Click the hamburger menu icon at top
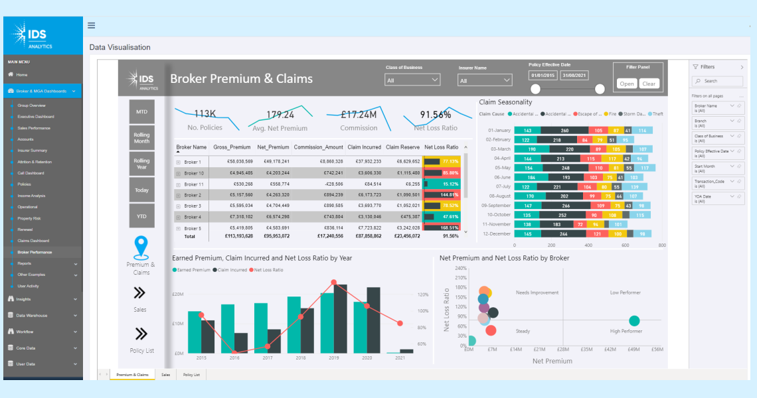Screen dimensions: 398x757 [x=91, y=26]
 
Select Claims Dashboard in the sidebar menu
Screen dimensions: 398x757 [x=33, y=241]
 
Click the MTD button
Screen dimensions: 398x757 [x=141, y=111]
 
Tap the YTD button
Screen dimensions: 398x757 [x=141, y=216]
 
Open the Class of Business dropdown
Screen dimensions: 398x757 [x=412, y=80]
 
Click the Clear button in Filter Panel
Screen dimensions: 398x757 [x=649, y=84]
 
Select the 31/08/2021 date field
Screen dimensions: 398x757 [x=574, y=76]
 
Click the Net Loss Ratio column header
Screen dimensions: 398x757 [x=442, y=147]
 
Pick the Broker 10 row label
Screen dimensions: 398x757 [x=193, y=173]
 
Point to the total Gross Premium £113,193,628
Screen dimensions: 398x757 [x=232, y=235]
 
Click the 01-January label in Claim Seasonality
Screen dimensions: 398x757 [x=499, y=131]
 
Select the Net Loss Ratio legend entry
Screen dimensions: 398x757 [x=268, y=270]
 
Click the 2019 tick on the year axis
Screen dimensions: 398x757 [x=333, y=358]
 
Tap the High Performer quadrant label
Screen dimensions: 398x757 [x=626, y=331]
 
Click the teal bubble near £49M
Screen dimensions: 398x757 [x=634, y=321]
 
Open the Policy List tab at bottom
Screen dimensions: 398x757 [x=191, y=375]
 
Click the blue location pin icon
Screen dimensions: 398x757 [x=141, y=247]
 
